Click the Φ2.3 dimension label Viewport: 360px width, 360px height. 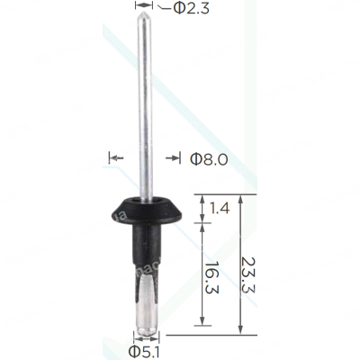[x=191, y=9]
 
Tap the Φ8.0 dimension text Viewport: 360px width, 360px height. [x=209, y=159]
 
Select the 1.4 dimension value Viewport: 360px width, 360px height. [x=220, y=208]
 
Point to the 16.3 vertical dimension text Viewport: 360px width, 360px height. [x=212, y=277]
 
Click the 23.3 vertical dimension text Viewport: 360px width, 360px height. [x=247, y=274]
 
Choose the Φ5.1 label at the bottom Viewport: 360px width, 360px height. [x=144, y=352]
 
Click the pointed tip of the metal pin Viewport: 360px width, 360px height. [x=144, y=13]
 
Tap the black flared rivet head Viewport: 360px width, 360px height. [x=146, y=211]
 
